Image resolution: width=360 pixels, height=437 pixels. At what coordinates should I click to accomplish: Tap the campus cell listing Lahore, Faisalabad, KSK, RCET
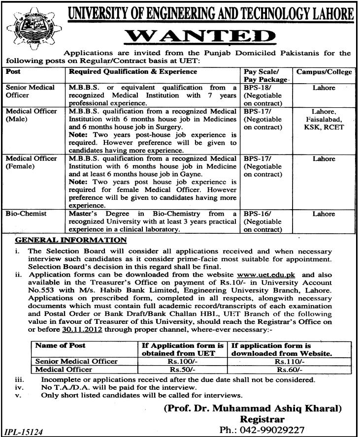tap(324, 120)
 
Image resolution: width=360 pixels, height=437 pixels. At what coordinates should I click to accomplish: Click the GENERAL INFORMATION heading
tap(71, 240)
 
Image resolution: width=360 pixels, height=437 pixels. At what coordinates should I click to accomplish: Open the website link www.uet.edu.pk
tap(266, 275)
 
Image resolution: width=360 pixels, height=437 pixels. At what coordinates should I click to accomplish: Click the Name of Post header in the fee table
tap(61, 346)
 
